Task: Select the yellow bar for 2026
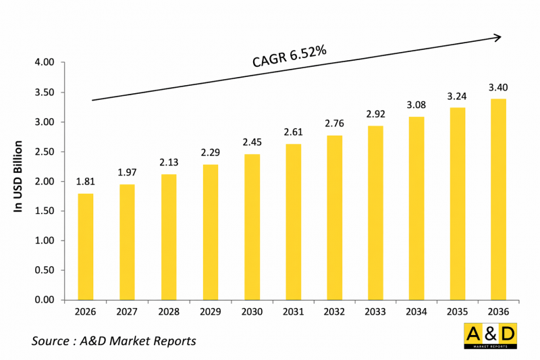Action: pos(86,247)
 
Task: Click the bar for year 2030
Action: pos(252,227)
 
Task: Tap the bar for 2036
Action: pos(499,199)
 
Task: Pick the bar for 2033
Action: pos(375,213)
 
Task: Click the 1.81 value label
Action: pos(86,181)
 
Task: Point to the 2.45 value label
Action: pos(252,142)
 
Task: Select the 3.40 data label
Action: pos(499,87)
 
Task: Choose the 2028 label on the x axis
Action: pos(169,312)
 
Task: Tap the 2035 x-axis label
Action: pos(458,312)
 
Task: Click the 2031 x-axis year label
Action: pos(293,312)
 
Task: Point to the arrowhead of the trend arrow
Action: pos(498,38)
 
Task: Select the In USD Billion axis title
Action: pos(18,177)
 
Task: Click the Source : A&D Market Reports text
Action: pos(114,341)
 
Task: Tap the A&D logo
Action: pos(490,336)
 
